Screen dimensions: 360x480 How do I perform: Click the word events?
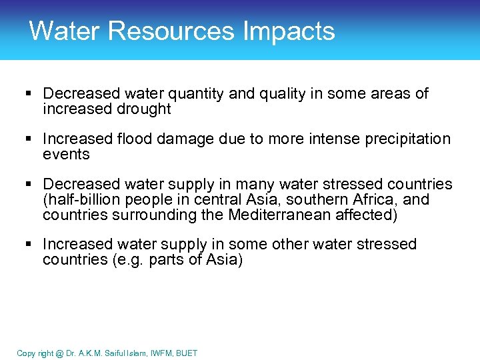66,155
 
